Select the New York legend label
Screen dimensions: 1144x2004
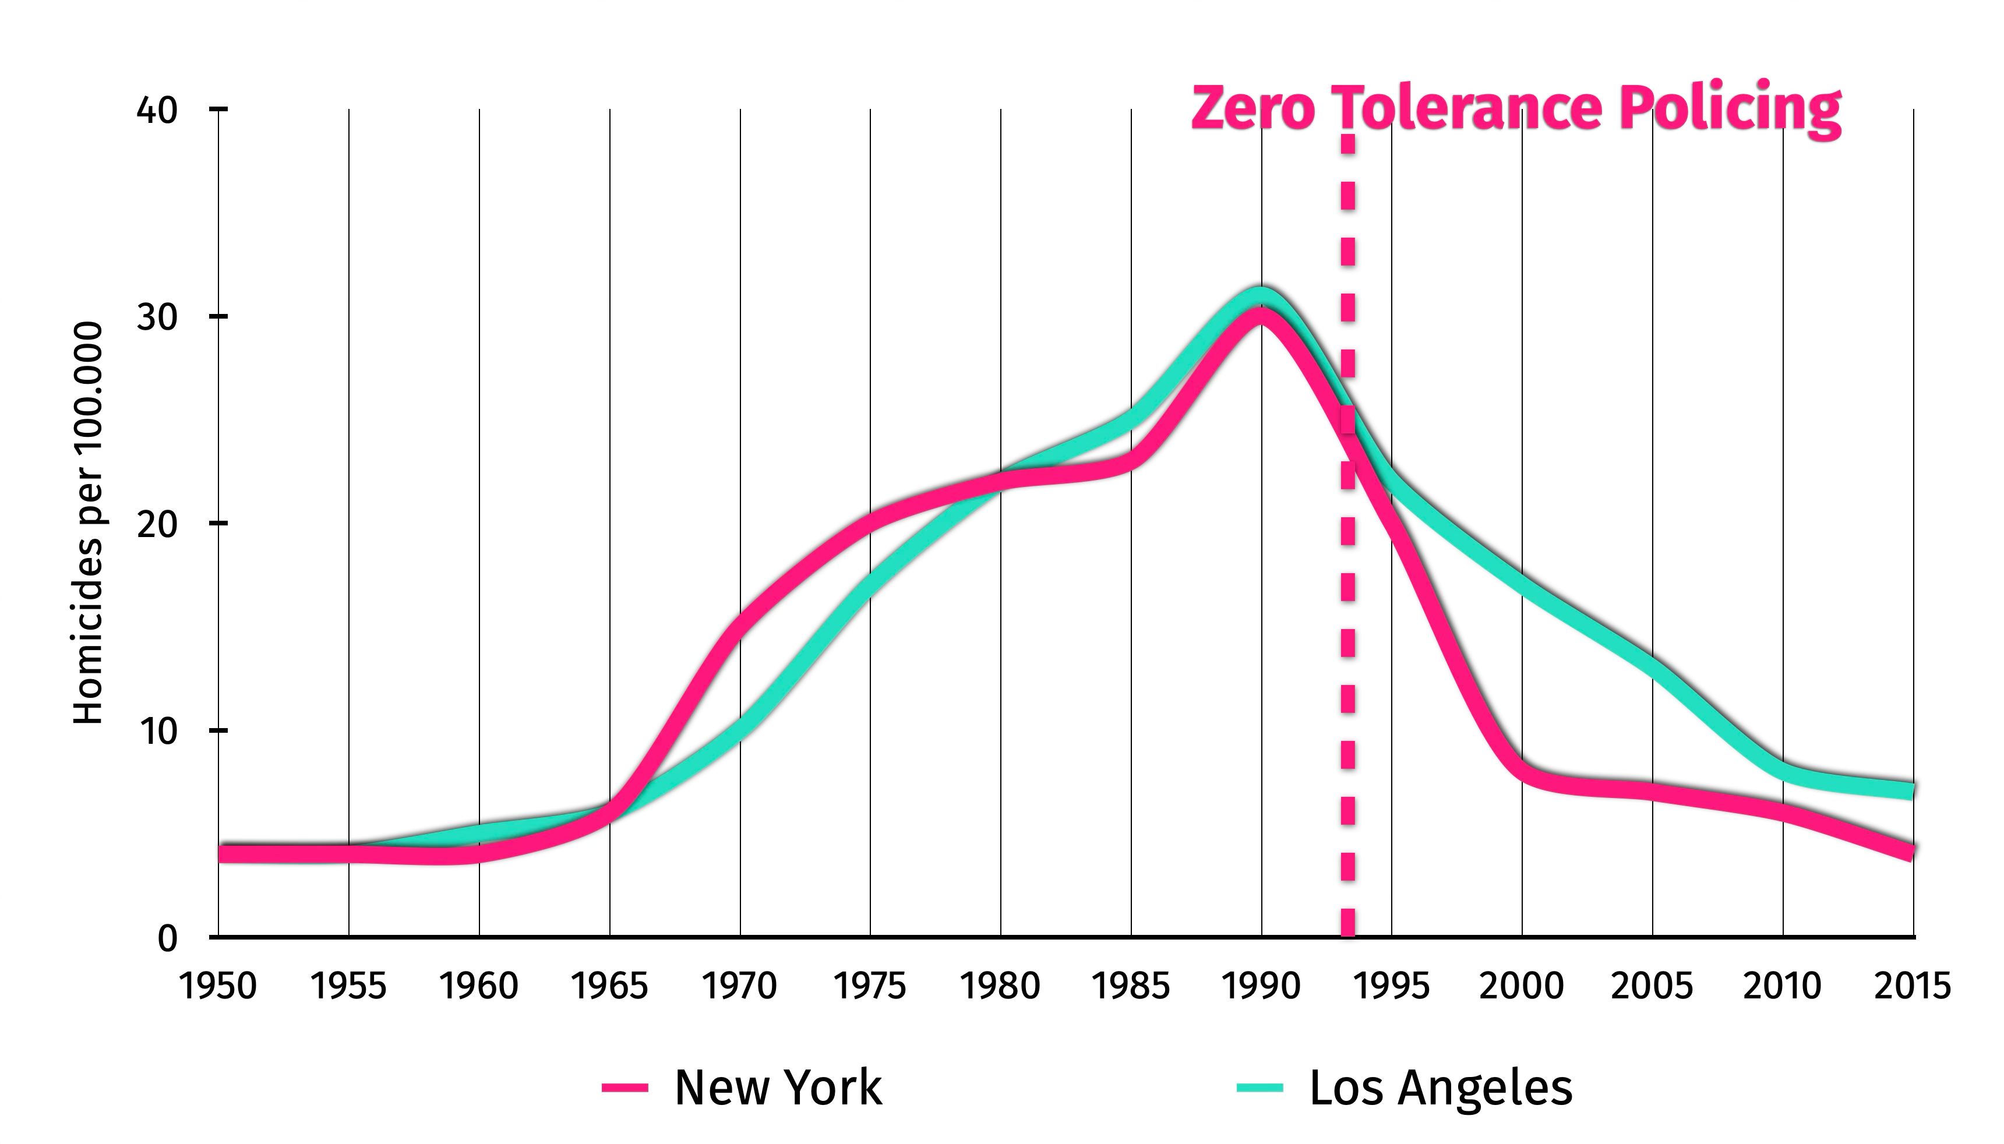point(778,1087)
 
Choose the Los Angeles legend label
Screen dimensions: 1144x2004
point(1441,1087)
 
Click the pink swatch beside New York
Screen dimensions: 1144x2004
point(625,1088)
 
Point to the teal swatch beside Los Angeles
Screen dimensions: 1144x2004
point(1259,1088)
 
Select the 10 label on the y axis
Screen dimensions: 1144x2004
point(157,730)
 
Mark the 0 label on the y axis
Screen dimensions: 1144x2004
point(167,937)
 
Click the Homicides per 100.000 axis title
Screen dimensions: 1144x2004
point(88,522)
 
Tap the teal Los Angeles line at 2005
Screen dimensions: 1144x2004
point(1653,665)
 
